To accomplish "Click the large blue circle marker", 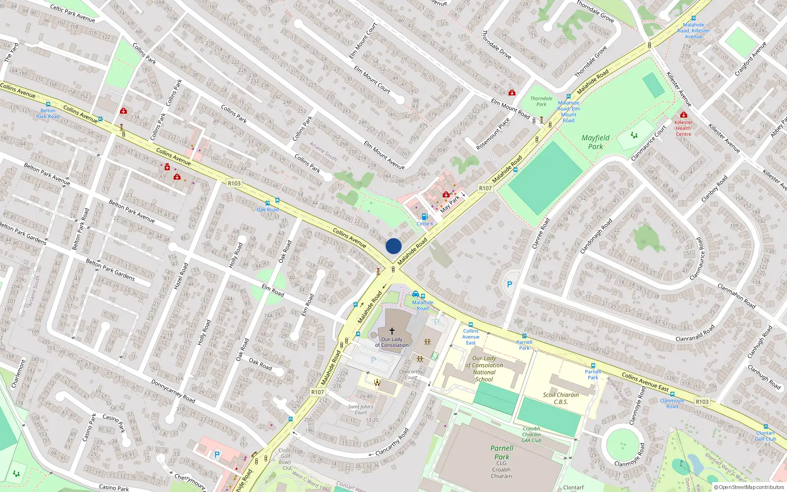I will [393, 246].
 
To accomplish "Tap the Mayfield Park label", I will [595, 142].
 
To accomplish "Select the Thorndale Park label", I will [541, 101].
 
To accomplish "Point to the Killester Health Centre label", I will [683, 128].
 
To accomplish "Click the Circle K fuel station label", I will [425, 224].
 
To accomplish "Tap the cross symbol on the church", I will [392, 331].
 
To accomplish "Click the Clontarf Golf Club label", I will [765, 436].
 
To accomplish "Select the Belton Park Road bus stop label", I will [48, 114].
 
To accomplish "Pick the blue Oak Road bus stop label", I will [268, 210].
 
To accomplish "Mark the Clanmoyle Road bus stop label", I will [672, 403].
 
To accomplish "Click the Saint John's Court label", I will [361, 409].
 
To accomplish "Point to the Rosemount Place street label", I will [493, 134].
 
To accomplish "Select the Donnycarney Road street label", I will [173, 391].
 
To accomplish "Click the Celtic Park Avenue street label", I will [72, 14].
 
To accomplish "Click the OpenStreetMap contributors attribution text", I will [749, 488].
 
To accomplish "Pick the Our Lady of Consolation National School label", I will [484, 369].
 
